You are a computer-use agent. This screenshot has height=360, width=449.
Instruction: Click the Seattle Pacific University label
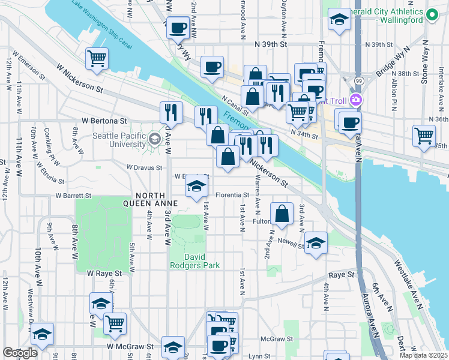click(118, 140)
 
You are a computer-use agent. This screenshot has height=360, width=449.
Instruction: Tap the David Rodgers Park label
click(194, 260)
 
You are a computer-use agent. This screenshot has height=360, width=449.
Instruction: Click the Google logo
click(20, 353)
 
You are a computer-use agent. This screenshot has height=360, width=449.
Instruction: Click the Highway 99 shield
click(358, 80)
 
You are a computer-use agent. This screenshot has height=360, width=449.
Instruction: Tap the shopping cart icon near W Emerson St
click(97, 58)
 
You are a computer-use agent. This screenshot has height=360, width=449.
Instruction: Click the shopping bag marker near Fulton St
click(282, 213)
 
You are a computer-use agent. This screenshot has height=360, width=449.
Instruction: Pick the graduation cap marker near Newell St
click(315, 243)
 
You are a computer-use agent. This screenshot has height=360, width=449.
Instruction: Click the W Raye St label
click(104, 273)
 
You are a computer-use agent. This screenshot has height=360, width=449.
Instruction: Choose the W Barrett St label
click(73, 196)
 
